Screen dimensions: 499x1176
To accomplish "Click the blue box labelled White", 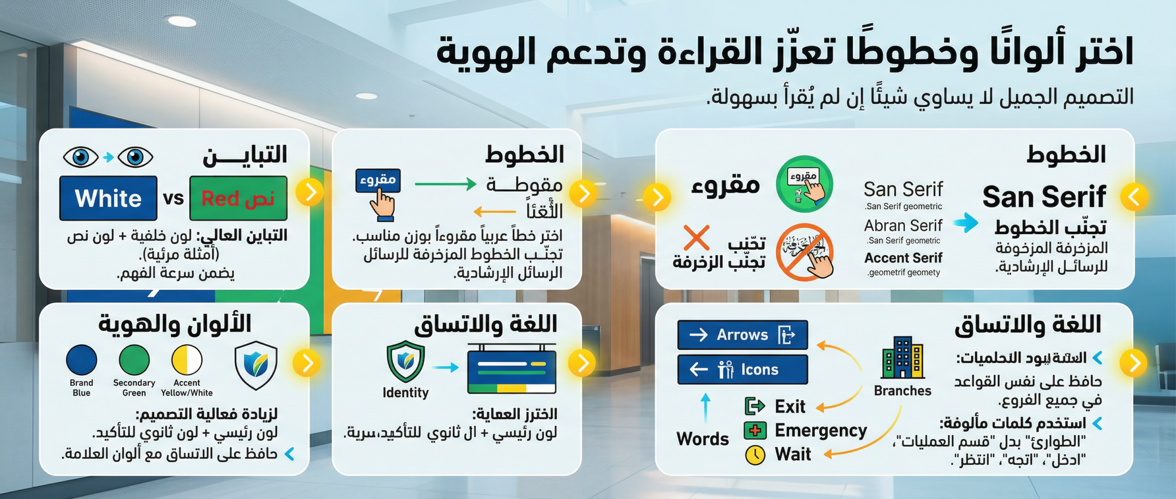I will coord(108,198).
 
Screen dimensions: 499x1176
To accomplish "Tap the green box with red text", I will coord(238,198).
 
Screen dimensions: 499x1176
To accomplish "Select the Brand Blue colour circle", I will coord(81,360).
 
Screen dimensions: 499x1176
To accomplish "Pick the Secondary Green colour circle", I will coord(134,360).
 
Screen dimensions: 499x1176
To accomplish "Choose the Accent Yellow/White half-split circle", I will coord(187,360).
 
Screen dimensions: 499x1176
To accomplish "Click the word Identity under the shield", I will coord(405,392).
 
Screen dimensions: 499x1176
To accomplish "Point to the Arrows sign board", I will coord(742,335).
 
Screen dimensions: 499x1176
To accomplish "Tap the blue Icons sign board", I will coord(742,369).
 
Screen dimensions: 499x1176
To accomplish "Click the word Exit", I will coord(790,407).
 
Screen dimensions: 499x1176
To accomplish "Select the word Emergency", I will coord(820,431).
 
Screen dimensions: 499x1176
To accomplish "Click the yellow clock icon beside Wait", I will coord(755,455).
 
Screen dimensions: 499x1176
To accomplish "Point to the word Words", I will coord(702,439).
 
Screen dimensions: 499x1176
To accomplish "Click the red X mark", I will coord(696,238).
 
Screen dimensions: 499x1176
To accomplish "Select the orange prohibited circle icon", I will coord(804,252).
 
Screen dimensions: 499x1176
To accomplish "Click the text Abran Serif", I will coord(903,226).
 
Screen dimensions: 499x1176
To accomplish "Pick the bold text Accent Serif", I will coord(903,258).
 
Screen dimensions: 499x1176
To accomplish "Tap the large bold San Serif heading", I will coord(1044,197).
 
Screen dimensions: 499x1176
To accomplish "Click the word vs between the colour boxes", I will coord(173,198).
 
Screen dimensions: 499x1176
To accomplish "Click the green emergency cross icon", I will coord(755,431).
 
